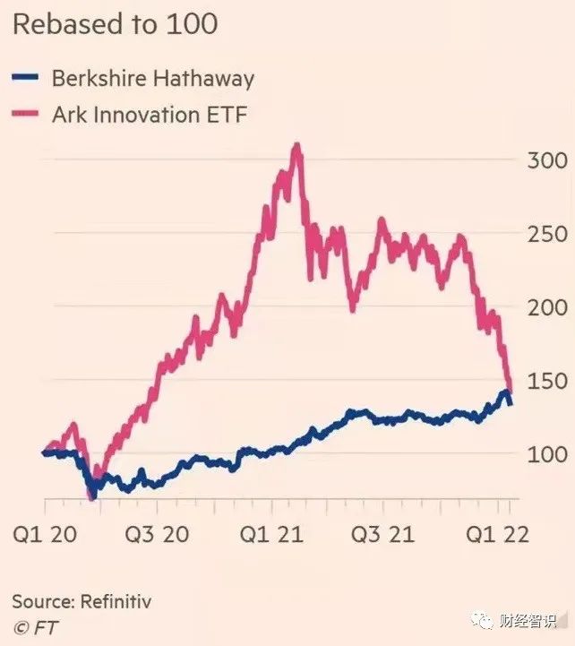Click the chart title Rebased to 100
tap(115, 23)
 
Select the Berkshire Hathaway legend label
tap(153, 78)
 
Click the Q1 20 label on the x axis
tap(43, 535)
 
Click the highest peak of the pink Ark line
tap(296, 145)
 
